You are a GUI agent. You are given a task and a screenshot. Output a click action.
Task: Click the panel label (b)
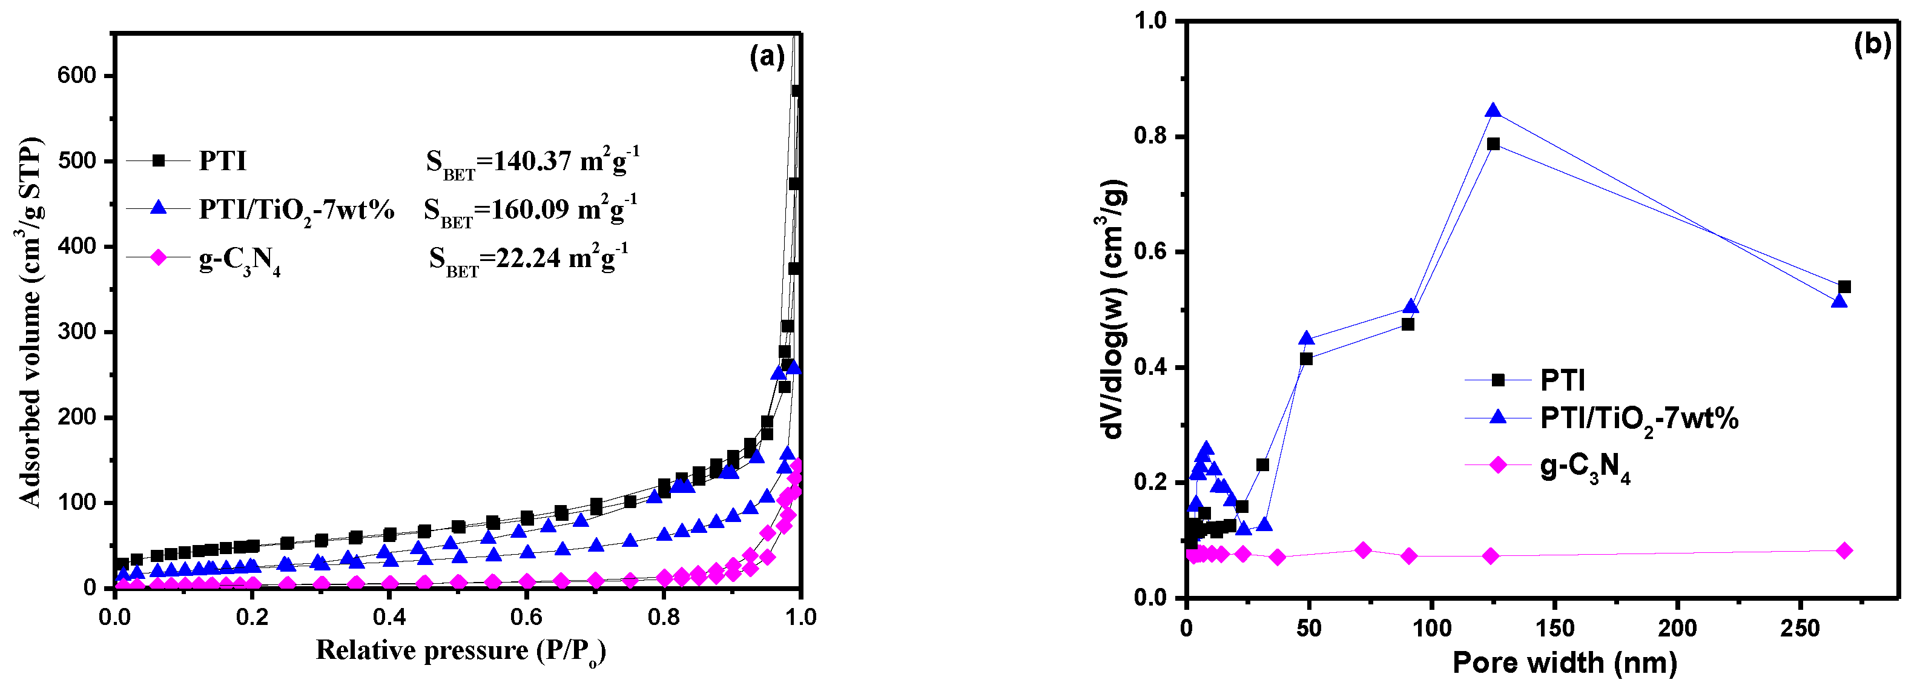point(1872,45)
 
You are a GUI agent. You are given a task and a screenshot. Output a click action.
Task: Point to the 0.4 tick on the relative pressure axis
point(389,616)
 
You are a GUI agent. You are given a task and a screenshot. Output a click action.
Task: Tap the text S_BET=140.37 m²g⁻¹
point(532,162)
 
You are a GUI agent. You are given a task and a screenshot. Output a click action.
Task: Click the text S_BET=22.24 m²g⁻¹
point(528,259)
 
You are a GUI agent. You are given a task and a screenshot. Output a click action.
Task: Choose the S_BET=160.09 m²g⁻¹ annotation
point(530,210)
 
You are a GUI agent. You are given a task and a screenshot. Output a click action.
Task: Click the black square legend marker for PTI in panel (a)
point(158,160)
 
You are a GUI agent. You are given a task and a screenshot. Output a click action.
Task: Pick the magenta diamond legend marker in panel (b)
point(1497,465)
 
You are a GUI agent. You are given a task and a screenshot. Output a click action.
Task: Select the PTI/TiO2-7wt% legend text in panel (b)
point(1639,419)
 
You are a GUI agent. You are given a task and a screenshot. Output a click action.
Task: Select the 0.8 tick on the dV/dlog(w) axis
point(1149,136)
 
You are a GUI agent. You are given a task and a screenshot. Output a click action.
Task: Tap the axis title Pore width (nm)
point(1565,663)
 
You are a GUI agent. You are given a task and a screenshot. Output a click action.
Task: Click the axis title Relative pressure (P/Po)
point(460,651)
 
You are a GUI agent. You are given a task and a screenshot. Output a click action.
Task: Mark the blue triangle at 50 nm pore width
point(1307,339)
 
